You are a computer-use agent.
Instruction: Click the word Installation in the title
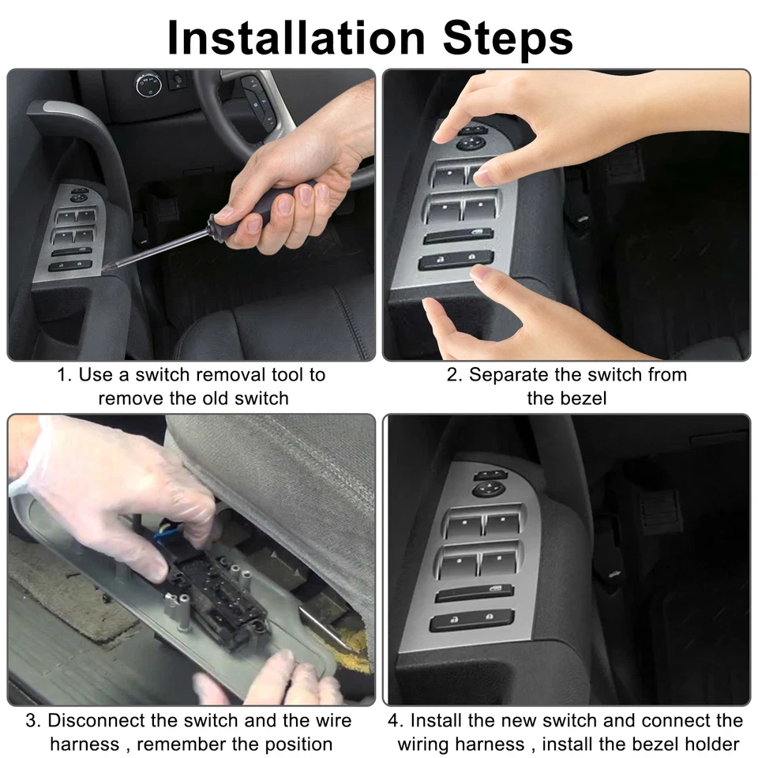tap(295, 37)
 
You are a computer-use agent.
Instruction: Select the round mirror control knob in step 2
tap(471, 143)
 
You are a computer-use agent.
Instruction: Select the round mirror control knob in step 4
tap(488, 490)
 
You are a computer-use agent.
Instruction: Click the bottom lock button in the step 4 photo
tap(471, 621)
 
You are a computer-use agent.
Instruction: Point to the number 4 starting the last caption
tap(392, 721)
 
